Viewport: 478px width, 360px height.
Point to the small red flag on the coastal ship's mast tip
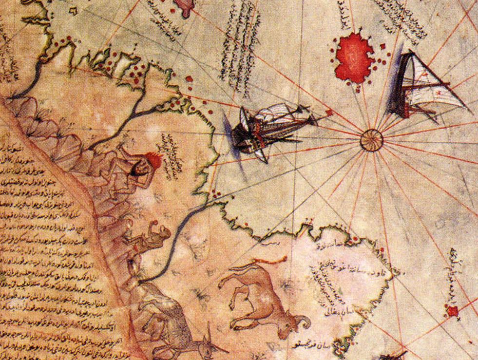click(329, 113)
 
